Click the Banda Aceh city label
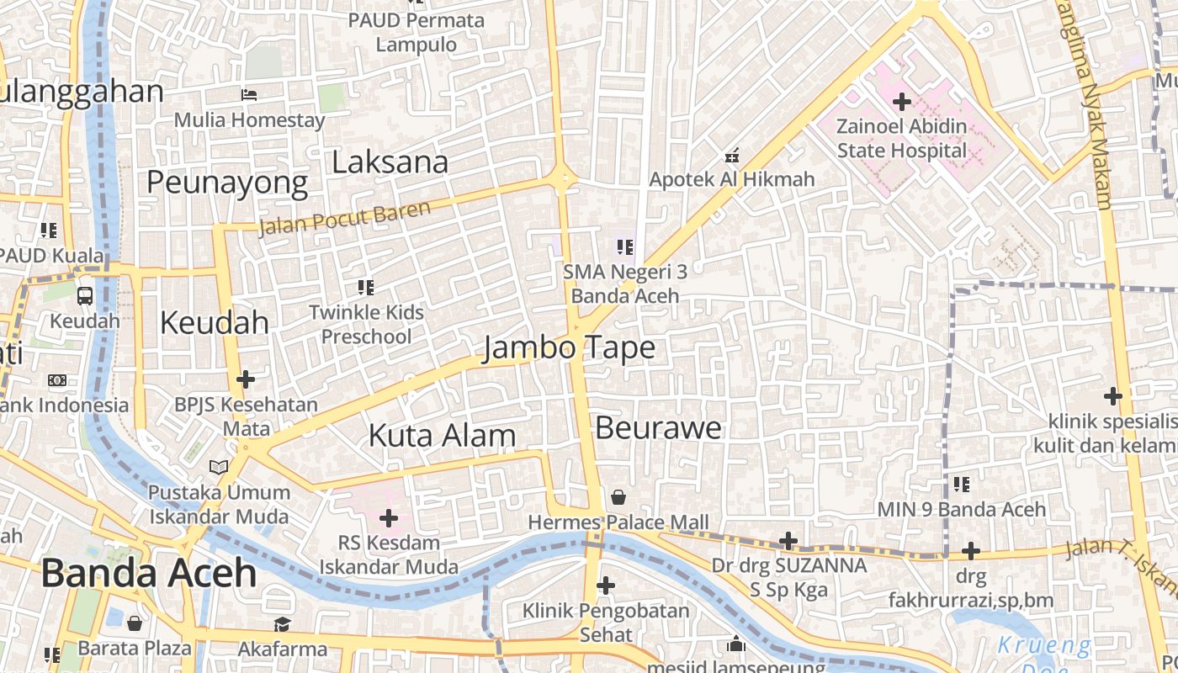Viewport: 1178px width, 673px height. (x=148, y=573)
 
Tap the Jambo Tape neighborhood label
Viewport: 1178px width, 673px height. (x=569, y=347)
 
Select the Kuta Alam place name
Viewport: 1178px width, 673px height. (x=442, y=435)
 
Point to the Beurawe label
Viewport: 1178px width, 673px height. (x=658, y=427)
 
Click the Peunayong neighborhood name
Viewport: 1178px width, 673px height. (x=227, y=182)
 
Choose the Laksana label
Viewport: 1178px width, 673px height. (x=390, y=162)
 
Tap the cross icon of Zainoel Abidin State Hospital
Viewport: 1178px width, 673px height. (x=902, y=103)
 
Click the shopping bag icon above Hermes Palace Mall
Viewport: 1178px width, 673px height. (x=618, y=497)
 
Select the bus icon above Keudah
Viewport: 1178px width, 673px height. (x=85, y=295)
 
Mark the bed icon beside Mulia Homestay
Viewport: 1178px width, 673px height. (x=249, y=94)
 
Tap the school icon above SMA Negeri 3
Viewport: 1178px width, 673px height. (x=624, y=246)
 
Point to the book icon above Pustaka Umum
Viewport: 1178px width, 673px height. (x=219, y=466)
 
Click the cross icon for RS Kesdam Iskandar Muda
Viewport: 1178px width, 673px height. (x=389, y=517)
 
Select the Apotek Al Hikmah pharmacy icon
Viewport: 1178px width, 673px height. (x=732, y=155)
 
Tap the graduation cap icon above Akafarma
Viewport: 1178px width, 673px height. (x=282, y=624)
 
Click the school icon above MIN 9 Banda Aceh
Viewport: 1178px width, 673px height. (x=962, y=484)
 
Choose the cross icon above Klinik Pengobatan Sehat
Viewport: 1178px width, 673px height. (x=605, y=585)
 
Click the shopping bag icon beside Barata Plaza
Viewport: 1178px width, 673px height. (x=135, y=623)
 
